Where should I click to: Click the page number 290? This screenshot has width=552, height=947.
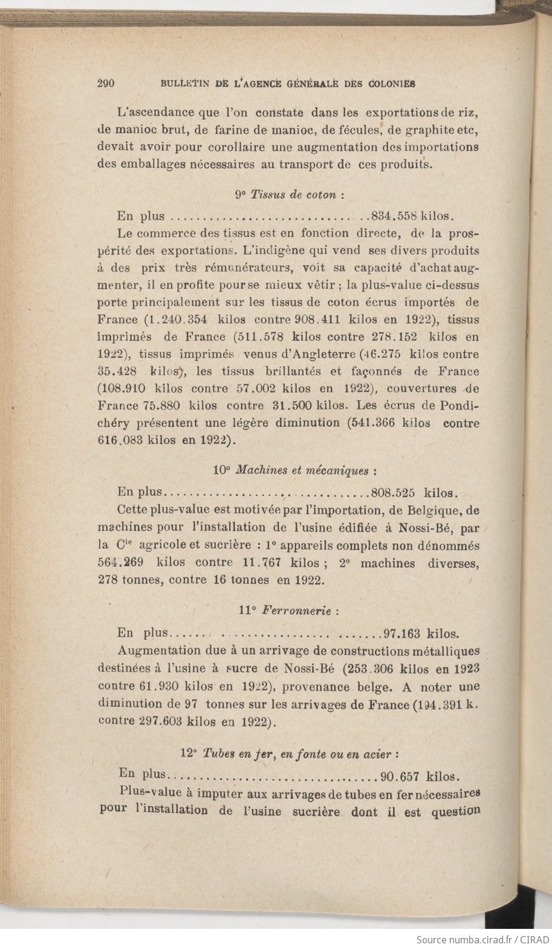[x=106, y=84]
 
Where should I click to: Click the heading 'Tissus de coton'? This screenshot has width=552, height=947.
[x=290, y=195]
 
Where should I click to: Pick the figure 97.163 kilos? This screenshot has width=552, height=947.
[x=421, y=634]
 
